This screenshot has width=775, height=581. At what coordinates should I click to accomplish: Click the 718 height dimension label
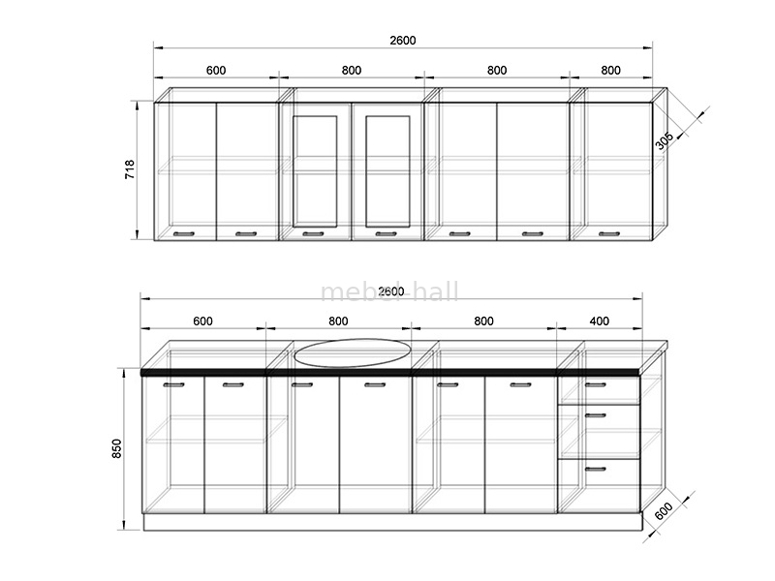[x=130, y=168]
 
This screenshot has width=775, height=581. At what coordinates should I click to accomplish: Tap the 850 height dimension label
[x=116, y=448]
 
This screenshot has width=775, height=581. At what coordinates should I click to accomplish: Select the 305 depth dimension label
[x=664, y=140]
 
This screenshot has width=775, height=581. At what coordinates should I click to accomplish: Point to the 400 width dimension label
[x=599, y=321]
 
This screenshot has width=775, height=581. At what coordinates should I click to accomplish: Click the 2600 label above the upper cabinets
[x=403, y=40]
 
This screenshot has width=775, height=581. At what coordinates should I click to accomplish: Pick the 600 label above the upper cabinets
[x=216, y=70]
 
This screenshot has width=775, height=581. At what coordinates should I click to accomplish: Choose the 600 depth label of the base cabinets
[x=664, y=510]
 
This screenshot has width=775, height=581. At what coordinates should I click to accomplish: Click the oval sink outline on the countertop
[x=353, y=339]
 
